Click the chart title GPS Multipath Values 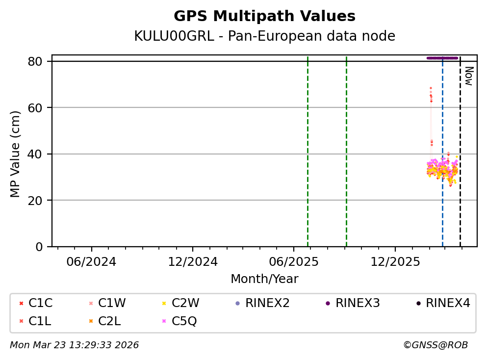(264, 16)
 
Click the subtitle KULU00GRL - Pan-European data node (264, 36)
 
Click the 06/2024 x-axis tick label (91, 261)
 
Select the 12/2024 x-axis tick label (192, 261)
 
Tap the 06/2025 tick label (293, 261)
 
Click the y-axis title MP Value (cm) (16, 154)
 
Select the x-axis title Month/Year (264, 279)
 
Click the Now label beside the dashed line (468, 76)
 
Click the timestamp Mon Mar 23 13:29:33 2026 (74, 345)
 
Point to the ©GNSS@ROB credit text (435, 345)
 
